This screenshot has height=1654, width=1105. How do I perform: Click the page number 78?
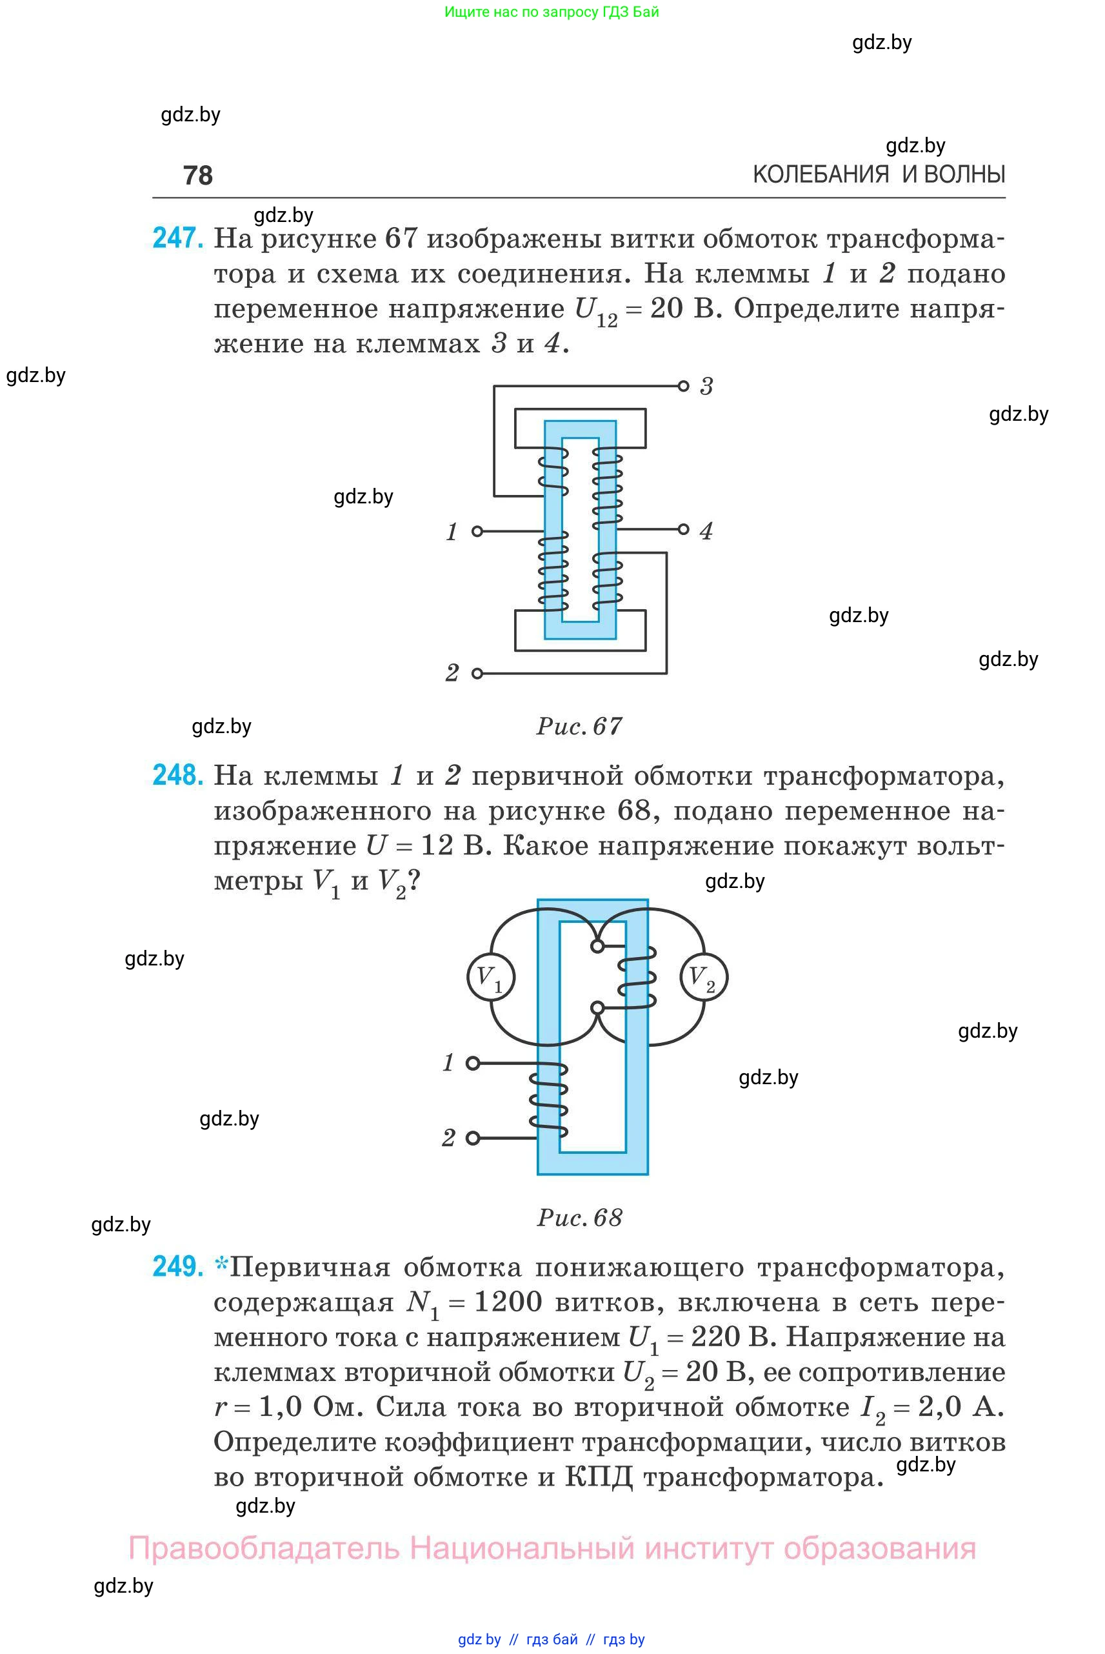tap(197, 176)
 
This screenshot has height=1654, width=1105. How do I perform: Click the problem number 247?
tap(177, 238)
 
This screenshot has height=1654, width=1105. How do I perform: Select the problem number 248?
tap(177, 775)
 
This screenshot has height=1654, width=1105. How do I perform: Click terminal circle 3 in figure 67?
tap(683, 386)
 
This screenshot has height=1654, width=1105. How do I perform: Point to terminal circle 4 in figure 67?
tap(683, 529)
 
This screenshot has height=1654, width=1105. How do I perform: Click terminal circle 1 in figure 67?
tap(477, 531)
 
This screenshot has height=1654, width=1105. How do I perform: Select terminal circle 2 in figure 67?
tap(477, 673)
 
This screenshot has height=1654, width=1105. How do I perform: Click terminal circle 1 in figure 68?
tap(473, 1062)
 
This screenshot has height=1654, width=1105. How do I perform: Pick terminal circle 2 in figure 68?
tap(473, 1137)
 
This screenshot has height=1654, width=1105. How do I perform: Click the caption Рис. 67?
tap(579, 726)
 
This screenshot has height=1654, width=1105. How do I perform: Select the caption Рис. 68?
tap(579, 1218)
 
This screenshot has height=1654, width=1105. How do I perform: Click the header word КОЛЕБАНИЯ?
tap(821, 175)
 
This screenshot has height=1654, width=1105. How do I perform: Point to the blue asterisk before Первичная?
tap(221, 1265)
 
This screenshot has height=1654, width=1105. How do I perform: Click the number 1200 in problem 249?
tap(508, 1302)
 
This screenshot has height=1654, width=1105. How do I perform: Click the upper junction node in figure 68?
tap(597, 946)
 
